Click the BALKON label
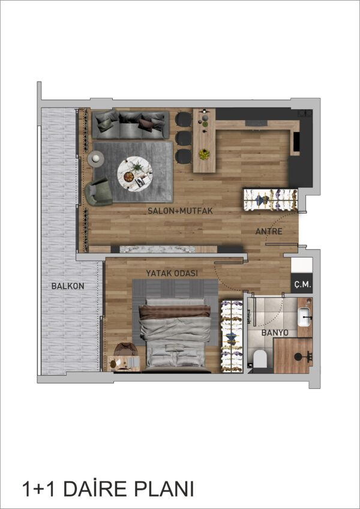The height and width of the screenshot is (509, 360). click(68, 286)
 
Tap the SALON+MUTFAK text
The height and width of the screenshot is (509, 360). click(180, 211)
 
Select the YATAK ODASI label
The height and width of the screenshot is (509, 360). click(172, 273)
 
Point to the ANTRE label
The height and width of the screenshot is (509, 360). click(268, 232)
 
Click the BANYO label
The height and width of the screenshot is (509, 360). click(272, 333)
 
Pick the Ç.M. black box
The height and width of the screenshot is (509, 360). click(302, 284)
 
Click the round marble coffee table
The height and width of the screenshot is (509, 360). click(135, 172)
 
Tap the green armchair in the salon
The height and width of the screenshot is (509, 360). click(98, 192)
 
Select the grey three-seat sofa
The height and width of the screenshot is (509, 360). click(131, 125)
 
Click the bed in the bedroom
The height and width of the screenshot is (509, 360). click(175, 336)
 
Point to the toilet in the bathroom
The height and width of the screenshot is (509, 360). click(260, 358)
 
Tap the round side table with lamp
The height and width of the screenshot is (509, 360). click(96, 158)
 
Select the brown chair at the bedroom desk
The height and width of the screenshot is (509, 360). click(124, 349)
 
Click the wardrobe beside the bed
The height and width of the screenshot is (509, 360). click(232, 336)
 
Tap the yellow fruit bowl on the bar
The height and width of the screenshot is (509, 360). click(204, 154)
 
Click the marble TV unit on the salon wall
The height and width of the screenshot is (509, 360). click(158, 249)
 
